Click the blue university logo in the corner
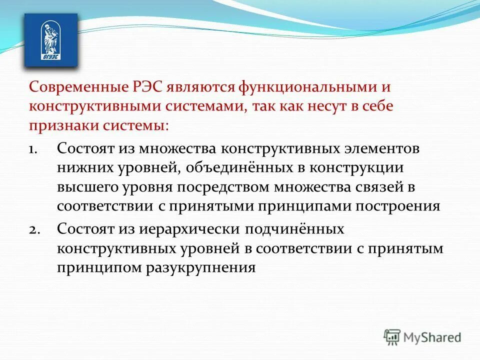[x=51, y=40]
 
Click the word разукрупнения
[x=200, y=267]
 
